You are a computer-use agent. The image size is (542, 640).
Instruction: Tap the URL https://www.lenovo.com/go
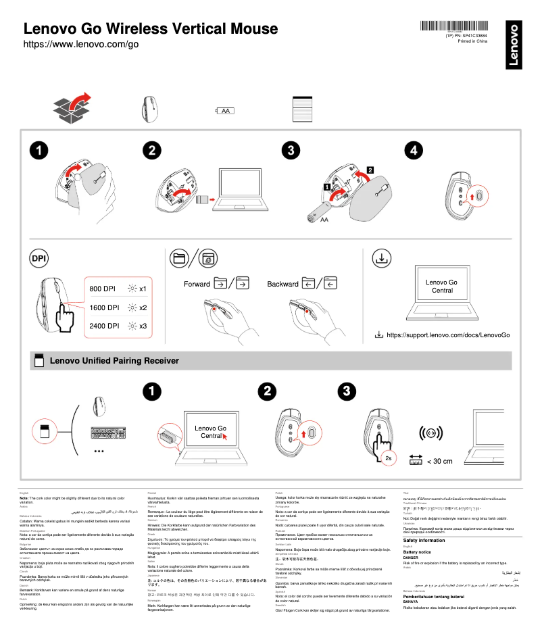[81, 45]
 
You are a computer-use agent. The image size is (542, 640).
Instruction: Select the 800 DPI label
[103, 289]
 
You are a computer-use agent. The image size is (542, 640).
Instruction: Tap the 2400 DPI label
[104, 326]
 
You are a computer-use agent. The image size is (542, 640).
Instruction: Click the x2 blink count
[143, 307]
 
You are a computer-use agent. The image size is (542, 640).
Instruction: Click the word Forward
[197, 284]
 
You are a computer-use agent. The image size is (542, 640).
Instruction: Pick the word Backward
[282, 284]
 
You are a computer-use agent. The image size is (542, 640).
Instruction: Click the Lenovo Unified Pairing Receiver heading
[114, 361]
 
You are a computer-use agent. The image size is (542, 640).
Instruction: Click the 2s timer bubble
[389, 458]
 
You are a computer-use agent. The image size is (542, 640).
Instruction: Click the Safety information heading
[424, 540]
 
